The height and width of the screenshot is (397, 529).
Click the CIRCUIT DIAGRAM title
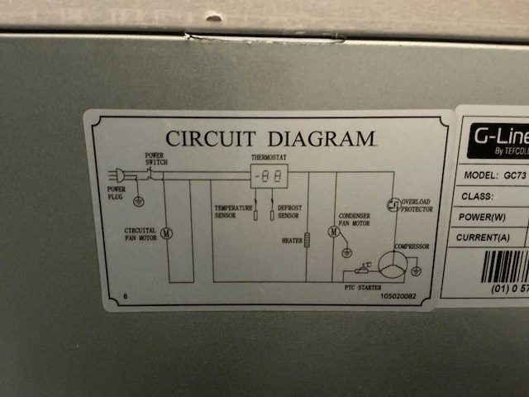tap(270, 138)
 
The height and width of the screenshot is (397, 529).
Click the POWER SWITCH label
tap(156, 160)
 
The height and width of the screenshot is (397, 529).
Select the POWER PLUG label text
tap(117, 192)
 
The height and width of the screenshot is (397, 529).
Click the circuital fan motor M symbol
tap(166, 233)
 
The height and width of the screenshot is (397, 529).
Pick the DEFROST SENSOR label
tap(288, 212)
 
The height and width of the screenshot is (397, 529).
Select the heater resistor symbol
tap(307, 240)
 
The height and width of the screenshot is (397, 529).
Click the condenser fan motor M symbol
tap(334, 232)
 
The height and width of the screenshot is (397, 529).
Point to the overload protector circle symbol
tap(393, 203)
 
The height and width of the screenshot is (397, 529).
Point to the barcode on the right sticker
tap(505, 266)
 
